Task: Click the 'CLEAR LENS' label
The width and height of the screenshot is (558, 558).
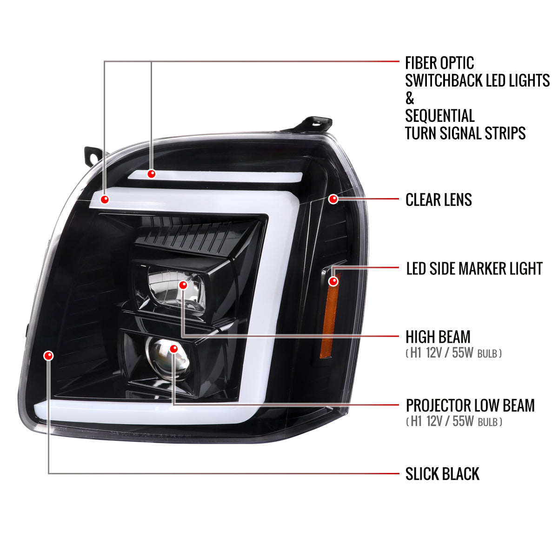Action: (438, 200)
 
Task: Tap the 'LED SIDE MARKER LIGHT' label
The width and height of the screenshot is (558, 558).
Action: (474, 268)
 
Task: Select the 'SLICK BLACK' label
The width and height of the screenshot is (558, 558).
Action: (442, 474)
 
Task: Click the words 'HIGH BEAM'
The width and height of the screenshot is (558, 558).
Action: (438, 337)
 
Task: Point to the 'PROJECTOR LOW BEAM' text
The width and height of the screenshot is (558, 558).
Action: (470, 405)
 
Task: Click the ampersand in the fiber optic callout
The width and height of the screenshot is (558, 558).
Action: (410, 98)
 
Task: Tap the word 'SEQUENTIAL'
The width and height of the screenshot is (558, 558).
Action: (439, 115)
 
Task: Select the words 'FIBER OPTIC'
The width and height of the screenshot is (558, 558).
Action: (439, 63)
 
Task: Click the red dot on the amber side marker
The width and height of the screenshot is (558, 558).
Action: (333, 281)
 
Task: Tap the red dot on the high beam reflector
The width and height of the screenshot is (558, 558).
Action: (183, 285)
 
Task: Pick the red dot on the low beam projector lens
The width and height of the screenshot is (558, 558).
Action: (174, 349)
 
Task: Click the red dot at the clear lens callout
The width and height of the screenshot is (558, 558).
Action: (333, 199)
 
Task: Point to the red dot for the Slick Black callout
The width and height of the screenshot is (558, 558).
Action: (49, 355)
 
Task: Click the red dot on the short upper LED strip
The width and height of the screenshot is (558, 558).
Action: (152, 174)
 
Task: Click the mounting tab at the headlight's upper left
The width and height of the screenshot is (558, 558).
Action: (94, 158)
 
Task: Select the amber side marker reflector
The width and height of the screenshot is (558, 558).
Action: (330, 316)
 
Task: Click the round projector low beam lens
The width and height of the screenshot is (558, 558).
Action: (169, 359)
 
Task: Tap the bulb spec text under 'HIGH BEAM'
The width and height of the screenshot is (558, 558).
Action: (453, 353)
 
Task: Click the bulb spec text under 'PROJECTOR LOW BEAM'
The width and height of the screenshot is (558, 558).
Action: (454, 421)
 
